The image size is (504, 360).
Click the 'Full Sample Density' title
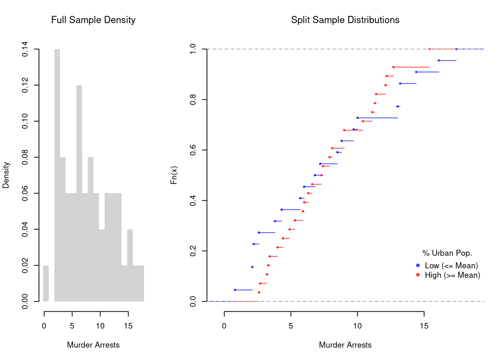point(93,20)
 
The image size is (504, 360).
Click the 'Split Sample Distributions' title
point(345,20)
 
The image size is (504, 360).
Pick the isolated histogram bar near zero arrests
point(46,283)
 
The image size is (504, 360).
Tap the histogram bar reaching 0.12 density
point(79,193)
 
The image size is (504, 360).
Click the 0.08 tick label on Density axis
point(25,157)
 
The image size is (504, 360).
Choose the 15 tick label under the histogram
point(128,326)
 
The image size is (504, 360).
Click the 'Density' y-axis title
point(6,175)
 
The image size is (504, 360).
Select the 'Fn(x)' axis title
point(174,175)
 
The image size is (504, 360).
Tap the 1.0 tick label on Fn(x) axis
point(193,49)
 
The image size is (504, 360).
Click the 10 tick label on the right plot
point(357,326)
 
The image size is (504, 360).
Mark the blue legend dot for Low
point(418,265)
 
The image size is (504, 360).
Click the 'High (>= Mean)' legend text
point(452,275)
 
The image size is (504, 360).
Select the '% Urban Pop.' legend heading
point(447,253)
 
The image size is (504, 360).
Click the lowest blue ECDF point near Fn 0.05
point(235,290)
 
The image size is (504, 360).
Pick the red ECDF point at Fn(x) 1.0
point(429,49)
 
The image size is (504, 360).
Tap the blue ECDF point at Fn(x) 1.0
point(456,49)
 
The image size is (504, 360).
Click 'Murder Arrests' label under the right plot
point(345,345)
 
